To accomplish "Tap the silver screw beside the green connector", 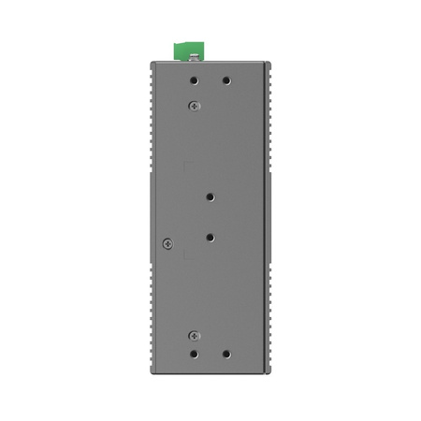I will (x=194, y=57).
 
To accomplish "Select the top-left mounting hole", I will (x=194, y=80).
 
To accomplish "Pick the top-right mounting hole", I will (x=226, y=80).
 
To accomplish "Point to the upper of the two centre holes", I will (x=211, y=197).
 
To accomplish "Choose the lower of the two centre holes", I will (x=211, y=238).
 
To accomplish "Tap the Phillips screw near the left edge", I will (x=167, y=243).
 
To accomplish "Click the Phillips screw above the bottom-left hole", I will (x=194, y=335).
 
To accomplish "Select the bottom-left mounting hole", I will (x=194, y=355).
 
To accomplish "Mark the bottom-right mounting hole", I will (x=226, y=355).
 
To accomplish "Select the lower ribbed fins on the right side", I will (x=270, y=318).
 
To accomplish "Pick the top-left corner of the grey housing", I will (x=152, y=65).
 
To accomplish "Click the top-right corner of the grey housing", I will (x=269, y=65).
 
